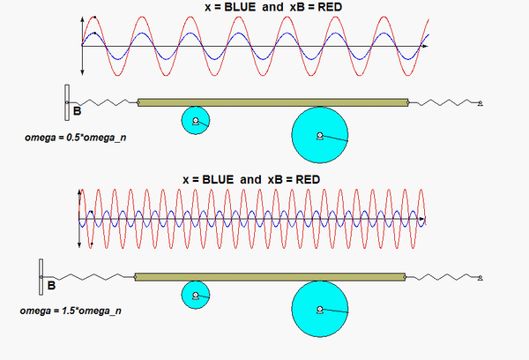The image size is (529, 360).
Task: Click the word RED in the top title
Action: click(x=327, y=7)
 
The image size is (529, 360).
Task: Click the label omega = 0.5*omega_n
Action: click(x=73, y=139)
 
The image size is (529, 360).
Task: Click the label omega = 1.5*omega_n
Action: click(x=73, y=311)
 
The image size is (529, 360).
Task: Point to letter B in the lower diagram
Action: click(x=51, y=286)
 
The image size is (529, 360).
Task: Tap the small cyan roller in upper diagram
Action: click(x=194, y=121)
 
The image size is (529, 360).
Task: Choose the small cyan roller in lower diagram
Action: click(x=194, y=295)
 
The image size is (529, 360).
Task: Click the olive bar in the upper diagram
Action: click(x=273, y=103)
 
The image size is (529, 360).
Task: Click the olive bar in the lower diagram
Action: click(x=269, y=277)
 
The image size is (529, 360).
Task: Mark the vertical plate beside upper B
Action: click(x=66, y=102)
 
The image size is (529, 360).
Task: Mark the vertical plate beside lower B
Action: click(x=41, y=276)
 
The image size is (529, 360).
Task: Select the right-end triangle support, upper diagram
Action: click(x=481, y=104)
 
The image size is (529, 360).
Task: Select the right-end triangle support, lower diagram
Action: click(x=481, y=277)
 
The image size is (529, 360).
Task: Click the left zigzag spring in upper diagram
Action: click(x=106, y=102)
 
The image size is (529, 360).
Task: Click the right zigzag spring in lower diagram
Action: click(x=441, y=276)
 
